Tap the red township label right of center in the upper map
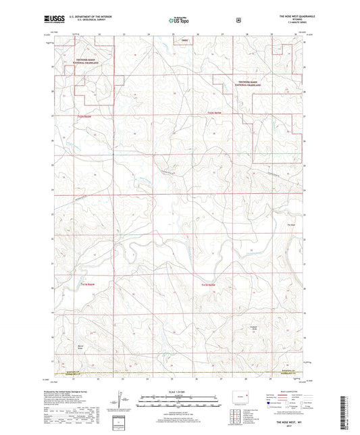(214, 111)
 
